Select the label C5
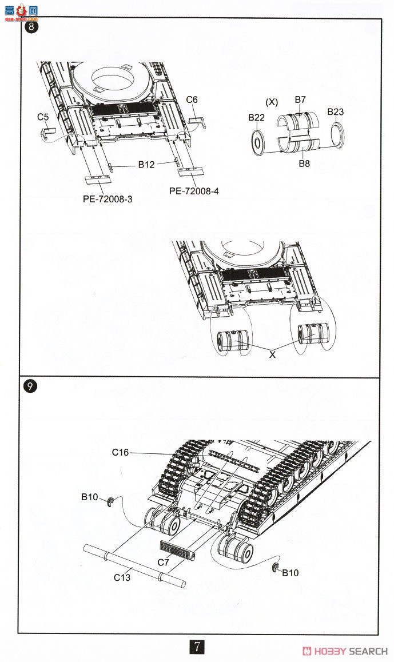43,117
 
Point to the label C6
192,99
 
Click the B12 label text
146,165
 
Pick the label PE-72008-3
103,200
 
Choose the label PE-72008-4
194,192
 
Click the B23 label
336,112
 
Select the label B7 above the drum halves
300,100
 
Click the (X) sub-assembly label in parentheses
272,102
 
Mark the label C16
121,453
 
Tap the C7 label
164,562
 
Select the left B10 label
90,497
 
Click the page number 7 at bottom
197,648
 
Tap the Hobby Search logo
345,651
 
